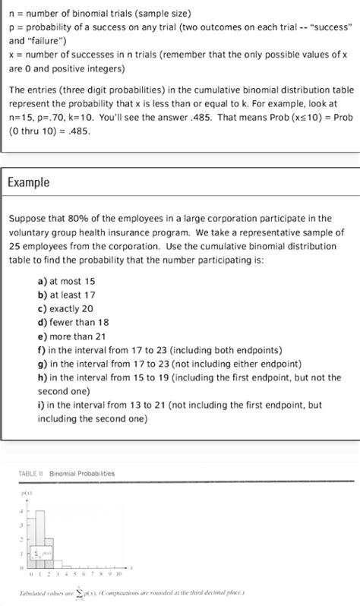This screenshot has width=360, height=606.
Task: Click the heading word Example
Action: (x=29, y=182)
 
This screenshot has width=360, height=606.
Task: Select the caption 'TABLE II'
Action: (x=29, y=473)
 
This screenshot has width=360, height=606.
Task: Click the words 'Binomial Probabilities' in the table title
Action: (x=82, y=473)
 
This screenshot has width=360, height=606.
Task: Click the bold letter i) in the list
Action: (x=40, y=405)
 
